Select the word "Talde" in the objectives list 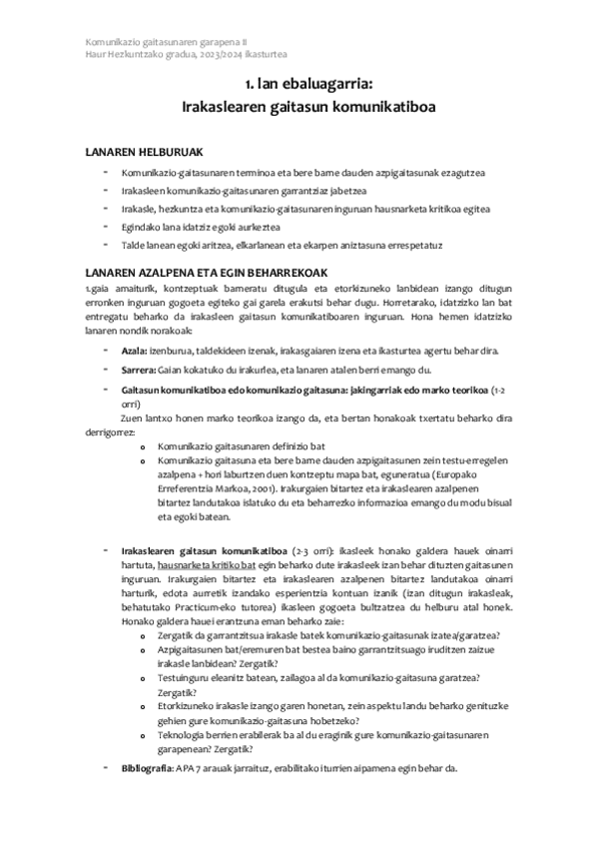[134, 244]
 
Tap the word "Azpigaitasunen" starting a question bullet [192, 648]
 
